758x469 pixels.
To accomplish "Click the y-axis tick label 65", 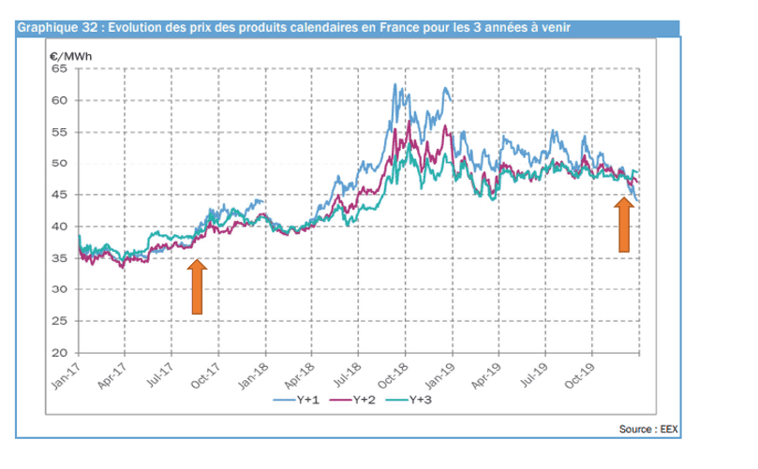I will coord(59,68).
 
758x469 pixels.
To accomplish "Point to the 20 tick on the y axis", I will coord(59,354).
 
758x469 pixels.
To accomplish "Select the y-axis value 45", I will coord(59,196).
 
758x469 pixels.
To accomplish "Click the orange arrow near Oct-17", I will coord(197,286).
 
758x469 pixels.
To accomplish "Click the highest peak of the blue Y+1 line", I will coord(394,84).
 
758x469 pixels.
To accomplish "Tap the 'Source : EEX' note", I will coord(647,430).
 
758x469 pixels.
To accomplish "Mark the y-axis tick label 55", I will coord(59,132).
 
